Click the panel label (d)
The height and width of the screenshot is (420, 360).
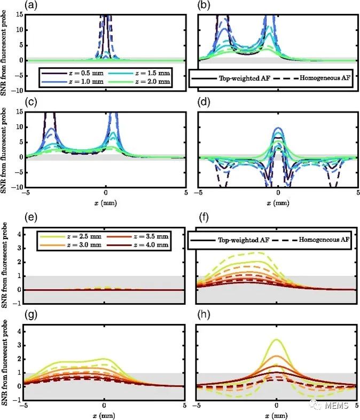pos(205,103)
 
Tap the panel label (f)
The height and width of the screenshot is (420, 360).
pos(205,218)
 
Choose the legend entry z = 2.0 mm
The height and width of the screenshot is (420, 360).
pos(142,82)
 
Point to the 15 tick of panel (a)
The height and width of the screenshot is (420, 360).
pos(18,14)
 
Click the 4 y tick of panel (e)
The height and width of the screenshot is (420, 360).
pos(20,234)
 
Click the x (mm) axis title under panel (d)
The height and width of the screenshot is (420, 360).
pos(278,203)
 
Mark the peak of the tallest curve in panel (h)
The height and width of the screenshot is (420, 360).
pos(276,339)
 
